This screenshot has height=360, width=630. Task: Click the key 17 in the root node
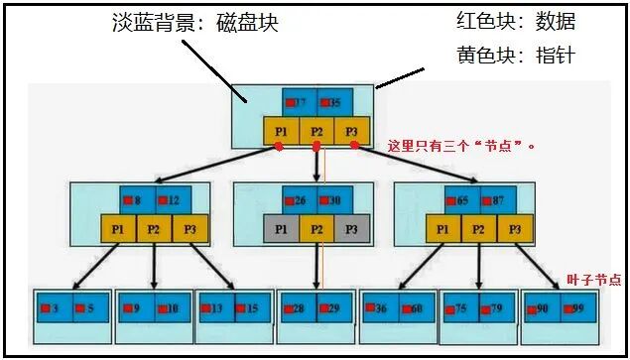tap(300, 102)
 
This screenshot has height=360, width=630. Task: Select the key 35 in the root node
tap(334, 102)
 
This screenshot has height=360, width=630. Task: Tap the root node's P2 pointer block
tap(317, 131)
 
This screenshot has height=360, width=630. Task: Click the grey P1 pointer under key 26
tap(281, 228)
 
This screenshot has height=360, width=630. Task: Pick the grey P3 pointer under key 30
tap(351, 228)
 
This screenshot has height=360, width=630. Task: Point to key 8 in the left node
tap(137, 199)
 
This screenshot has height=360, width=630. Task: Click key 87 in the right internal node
tap(497, 199)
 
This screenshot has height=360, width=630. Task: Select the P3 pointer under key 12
tap(189, 228)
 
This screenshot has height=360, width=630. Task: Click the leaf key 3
tap(55, 308)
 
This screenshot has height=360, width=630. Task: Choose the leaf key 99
tap(577, 308)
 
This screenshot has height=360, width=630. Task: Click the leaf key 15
tap(251, 308)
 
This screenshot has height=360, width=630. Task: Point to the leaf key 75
tap(460, 308)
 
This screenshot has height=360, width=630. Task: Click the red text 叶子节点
tap(592, 281)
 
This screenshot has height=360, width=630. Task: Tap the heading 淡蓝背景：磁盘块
tap(194, 24)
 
